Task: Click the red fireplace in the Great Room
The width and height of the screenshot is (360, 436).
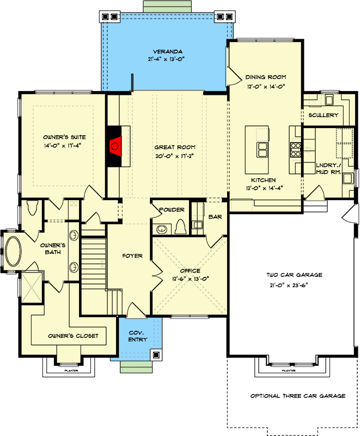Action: click(x=115, y=146)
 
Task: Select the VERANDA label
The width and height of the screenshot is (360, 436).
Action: click(x=168, y=52)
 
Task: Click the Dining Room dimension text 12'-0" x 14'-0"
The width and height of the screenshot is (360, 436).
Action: click(x=266, y=87)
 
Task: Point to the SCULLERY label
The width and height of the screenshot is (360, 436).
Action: click(x=324, y=115)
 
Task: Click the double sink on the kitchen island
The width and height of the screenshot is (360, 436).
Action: click(x=262, y=149)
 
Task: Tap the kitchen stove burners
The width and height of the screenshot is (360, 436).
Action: click(x=295, y=149)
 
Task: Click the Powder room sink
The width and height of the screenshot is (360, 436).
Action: click(x=161, y=229)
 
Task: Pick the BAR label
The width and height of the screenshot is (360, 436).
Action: click(x=215, y=216)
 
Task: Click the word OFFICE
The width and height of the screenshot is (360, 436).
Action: click(x=190, y=270)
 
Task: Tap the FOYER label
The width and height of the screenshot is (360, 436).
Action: click(x=132, y=256)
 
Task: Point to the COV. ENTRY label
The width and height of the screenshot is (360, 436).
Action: click(x=138, y=336)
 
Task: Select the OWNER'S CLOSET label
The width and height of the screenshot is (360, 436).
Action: click(x=73, y=336)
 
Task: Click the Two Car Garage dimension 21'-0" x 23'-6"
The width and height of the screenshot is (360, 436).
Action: click(x=289, y=285)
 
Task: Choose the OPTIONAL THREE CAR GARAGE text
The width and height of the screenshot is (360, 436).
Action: click(x=298, y=396)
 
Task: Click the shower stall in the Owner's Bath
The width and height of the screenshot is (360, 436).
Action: click(x=32, y=287)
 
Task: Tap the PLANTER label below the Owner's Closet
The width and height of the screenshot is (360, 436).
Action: click(x=71, y=371)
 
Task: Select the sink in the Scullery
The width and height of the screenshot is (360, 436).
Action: click(x=329, y=100)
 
